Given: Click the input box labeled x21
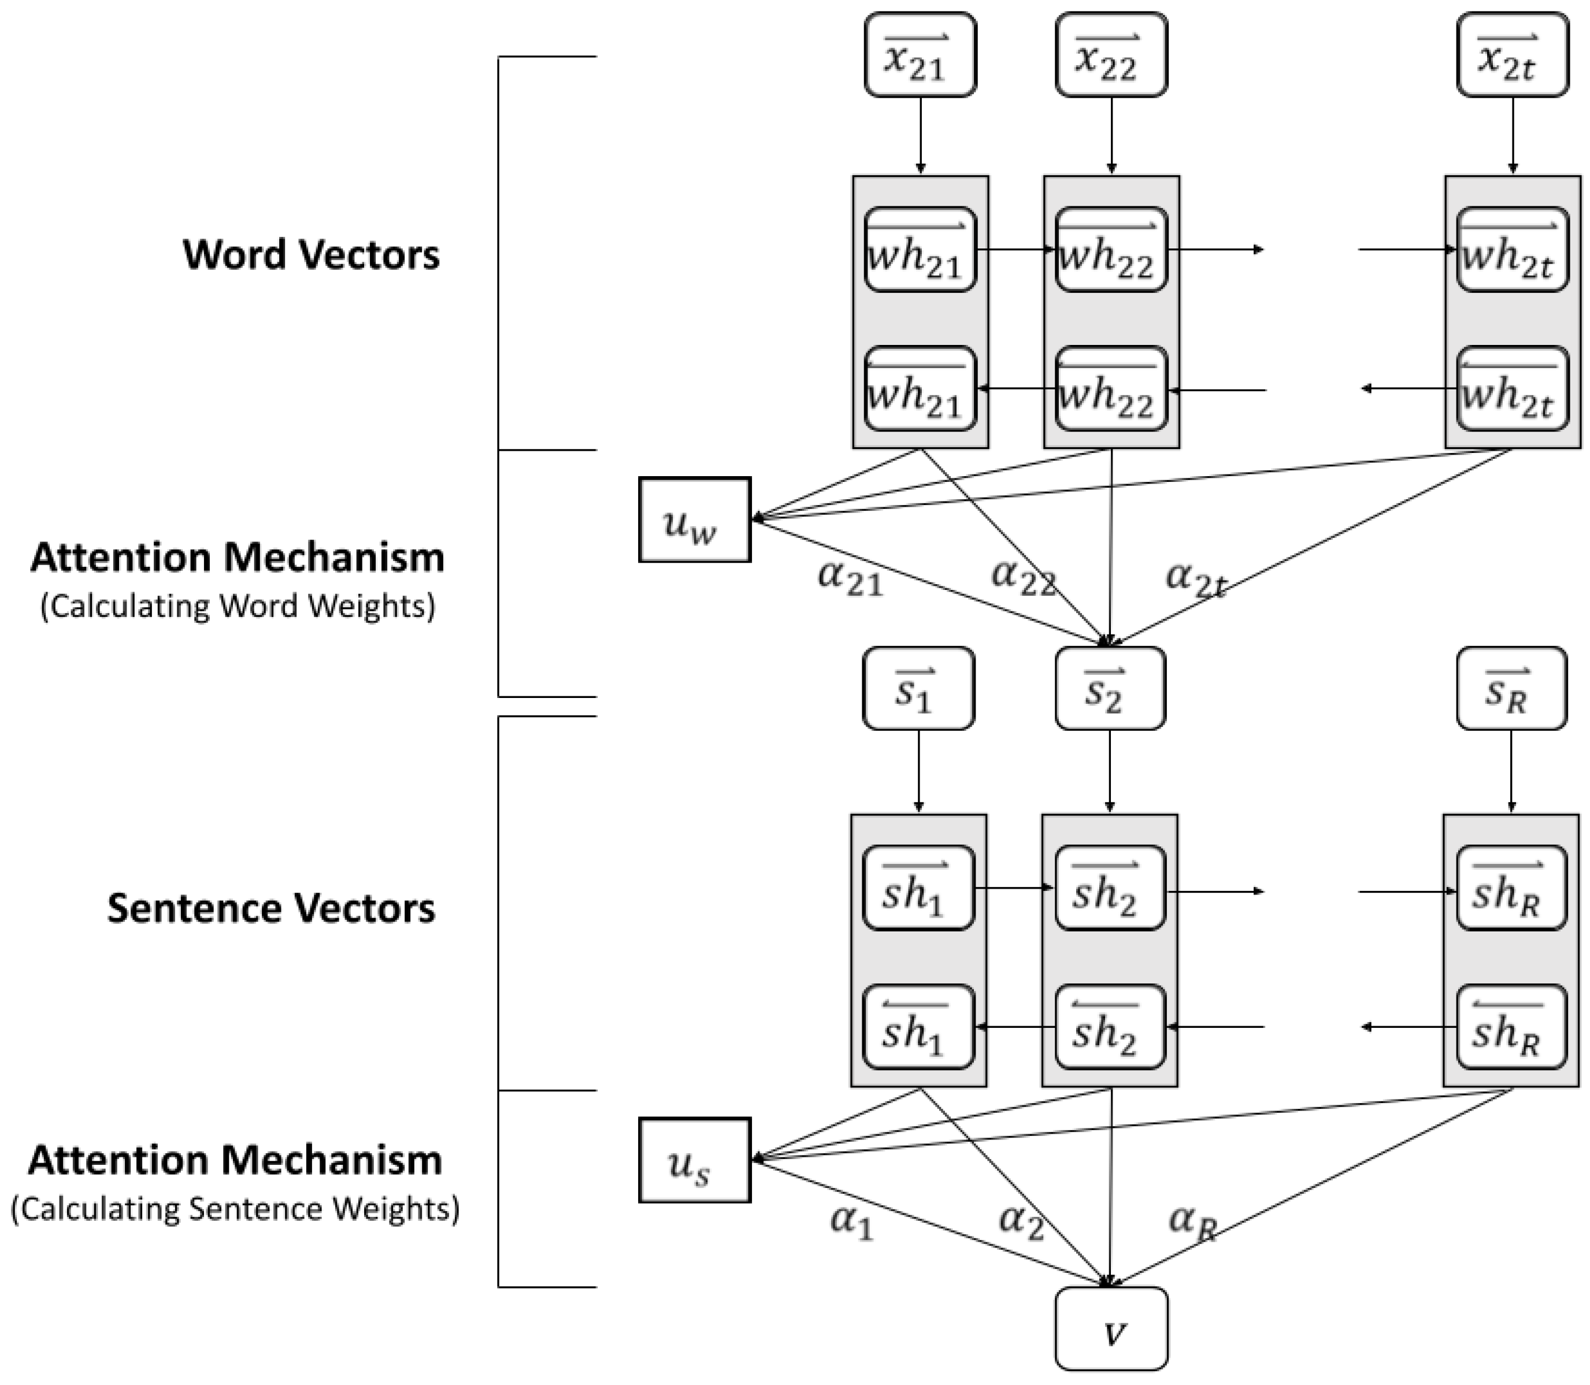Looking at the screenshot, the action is pos(920,55).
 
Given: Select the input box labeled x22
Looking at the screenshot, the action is pos(1111,55).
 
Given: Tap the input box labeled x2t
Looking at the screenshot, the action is pos(1512,55).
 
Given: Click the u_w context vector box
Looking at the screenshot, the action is pos(694,519).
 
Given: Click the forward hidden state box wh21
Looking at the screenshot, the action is pos(920,250).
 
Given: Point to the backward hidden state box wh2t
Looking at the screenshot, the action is pos(1512,388).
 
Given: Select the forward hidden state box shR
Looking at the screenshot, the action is pos(1511,888).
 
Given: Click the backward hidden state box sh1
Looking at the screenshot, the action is pos(918,1026).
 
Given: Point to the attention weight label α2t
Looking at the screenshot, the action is pos(1196,578).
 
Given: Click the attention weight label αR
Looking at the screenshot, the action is pos(1194,1221).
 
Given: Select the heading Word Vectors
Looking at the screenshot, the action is pos(311,254).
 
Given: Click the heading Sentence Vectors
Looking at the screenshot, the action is pos(270,908).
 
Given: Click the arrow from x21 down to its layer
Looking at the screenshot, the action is pos(920,136).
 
